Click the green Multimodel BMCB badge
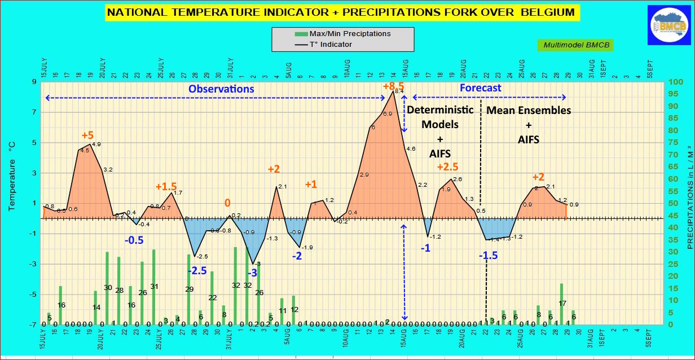[575, 45]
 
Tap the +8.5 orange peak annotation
[393, 86]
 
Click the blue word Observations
[221, 89]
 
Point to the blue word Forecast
[480, 88]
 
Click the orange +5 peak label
[87, 135]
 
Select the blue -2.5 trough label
[197, 270]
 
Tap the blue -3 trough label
[252, 273]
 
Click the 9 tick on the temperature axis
[34, 82]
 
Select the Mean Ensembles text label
[529, 110]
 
